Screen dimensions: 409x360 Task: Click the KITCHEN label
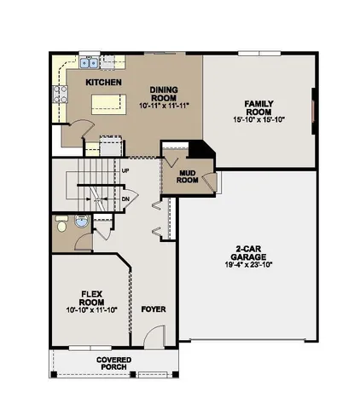click(103, 82)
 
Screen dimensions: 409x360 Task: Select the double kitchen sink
click(89, 62)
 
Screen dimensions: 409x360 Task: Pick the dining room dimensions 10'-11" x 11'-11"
click(163, 106)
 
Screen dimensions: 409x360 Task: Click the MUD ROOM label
click(188, 176)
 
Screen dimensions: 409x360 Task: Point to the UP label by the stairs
click(125, 170)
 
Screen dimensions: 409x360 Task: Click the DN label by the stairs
click(125, 199)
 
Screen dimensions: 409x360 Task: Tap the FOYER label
click(154, 308)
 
